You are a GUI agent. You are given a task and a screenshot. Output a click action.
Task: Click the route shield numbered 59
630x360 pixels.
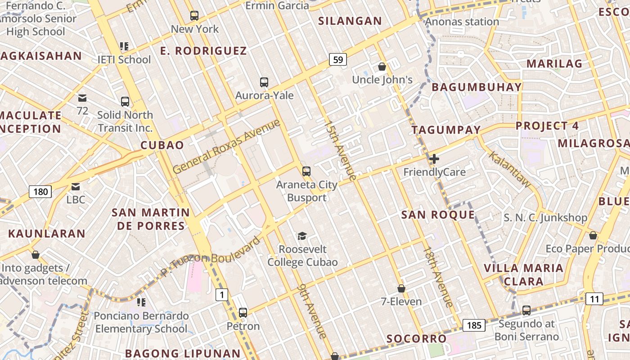point(338,59)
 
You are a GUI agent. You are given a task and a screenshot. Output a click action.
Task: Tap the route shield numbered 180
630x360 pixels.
point(40,192)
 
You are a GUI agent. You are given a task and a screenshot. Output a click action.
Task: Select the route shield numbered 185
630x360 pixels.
point(474,325)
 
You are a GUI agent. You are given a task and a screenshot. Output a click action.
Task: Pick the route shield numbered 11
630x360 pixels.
point(594,298)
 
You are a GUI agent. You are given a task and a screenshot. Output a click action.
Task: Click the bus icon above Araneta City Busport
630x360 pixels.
point(306,171)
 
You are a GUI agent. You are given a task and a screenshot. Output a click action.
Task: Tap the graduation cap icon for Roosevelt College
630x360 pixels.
point(302,236)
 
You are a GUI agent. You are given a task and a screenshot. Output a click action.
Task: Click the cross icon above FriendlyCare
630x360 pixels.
point(434,159)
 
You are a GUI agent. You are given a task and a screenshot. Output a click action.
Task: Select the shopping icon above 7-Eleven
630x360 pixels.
point(401,288)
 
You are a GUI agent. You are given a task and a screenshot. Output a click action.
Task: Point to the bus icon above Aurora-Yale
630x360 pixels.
point(264,82)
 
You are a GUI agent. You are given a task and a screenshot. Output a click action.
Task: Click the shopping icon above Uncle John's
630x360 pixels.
point(382,67)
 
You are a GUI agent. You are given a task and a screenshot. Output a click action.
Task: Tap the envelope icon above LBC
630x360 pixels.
point(76,186)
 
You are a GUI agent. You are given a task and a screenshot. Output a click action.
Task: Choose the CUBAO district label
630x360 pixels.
point(162,145)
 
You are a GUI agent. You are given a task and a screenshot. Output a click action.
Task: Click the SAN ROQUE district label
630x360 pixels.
point(438,215)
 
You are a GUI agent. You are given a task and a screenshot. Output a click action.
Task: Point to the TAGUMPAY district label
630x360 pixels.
point(446,130)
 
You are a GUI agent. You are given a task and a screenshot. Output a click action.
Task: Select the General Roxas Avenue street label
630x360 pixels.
point(226,147)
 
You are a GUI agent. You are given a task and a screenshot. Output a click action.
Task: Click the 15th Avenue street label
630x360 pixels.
point(340,150)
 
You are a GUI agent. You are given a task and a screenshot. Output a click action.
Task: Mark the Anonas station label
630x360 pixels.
point(462,22)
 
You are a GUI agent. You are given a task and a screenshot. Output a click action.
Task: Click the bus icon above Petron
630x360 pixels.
point(243,312)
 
